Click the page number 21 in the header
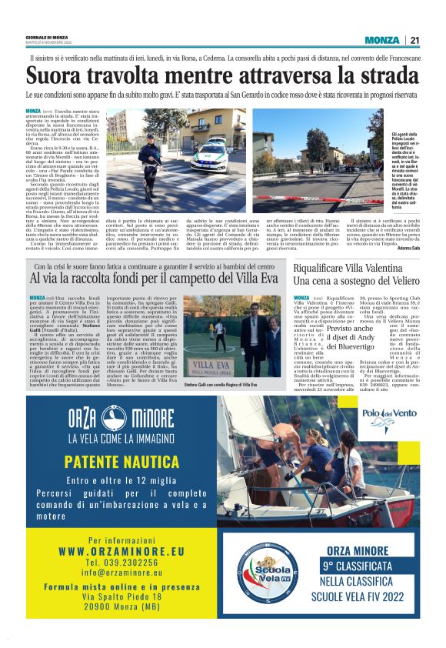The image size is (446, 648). coord(414,40)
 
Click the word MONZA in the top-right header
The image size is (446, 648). coord(382,40)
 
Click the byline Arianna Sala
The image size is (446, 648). coord(401,248)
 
